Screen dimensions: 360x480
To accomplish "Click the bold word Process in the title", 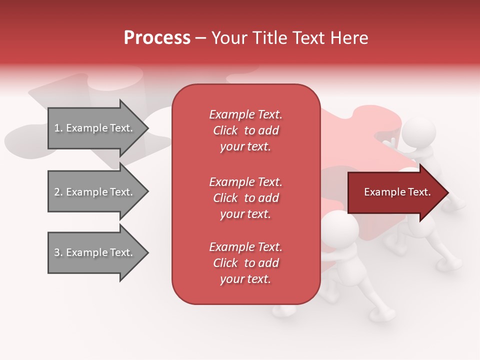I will pos(157,38).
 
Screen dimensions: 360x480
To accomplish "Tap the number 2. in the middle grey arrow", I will pos(58,192).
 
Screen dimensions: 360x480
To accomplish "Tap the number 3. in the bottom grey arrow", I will pos(58,252).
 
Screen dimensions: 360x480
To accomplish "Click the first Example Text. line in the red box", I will pos(245,114).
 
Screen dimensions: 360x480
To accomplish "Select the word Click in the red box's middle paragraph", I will pos(225,198).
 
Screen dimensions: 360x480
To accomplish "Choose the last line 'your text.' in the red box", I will pos(245,279).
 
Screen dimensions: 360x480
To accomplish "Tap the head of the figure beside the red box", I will pos(340,225).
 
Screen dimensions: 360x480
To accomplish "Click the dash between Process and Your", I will pos(201,38).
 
